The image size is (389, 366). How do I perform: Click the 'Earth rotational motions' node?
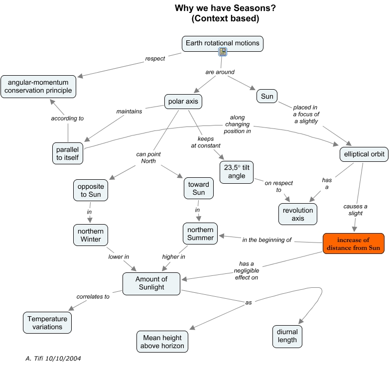pyautogui.click(x=222, y=43)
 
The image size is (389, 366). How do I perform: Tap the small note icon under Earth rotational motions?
pyautogui.click(x=223, y=52)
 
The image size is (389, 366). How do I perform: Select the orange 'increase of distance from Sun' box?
pyautogui.click(x=353, y=244)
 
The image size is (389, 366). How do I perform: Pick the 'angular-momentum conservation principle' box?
pyautogui.click(x=38, y=86)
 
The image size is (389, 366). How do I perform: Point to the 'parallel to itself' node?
pyautogui.click(x=68, y=153)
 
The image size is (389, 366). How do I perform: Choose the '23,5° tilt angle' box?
pyautogui.click(x=236, y=171)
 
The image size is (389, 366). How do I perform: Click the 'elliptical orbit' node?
pyautogui.click(x=364, y=154)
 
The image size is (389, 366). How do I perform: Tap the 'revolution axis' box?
pyautogui.click(x=298, y=214)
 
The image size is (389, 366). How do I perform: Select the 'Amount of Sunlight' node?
pyautogui.click(x=151, y=283)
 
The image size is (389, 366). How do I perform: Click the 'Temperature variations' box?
pyautogui.click(x=47, y=323)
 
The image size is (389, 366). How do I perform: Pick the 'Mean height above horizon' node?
pyautogui.click(x=162, y=341)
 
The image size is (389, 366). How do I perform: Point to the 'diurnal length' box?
pyautogui.click(x=287, y=336)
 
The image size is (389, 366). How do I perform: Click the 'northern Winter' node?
pyautogui.click(x=90, y=235)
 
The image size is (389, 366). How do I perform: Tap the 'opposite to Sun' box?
pyautogui.click(x=90, y=190)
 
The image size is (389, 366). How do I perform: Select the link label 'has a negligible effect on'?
pyautogui.click(x=247, y=270)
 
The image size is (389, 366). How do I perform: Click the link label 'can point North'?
pyautogui.click(x=149, y=157)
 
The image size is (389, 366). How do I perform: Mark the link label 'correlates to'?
pyautogui.click(x=93, y=296)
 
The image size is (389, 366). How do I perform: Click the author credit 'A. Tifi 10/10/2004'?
pyautogui.click(x=53, y=358)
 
